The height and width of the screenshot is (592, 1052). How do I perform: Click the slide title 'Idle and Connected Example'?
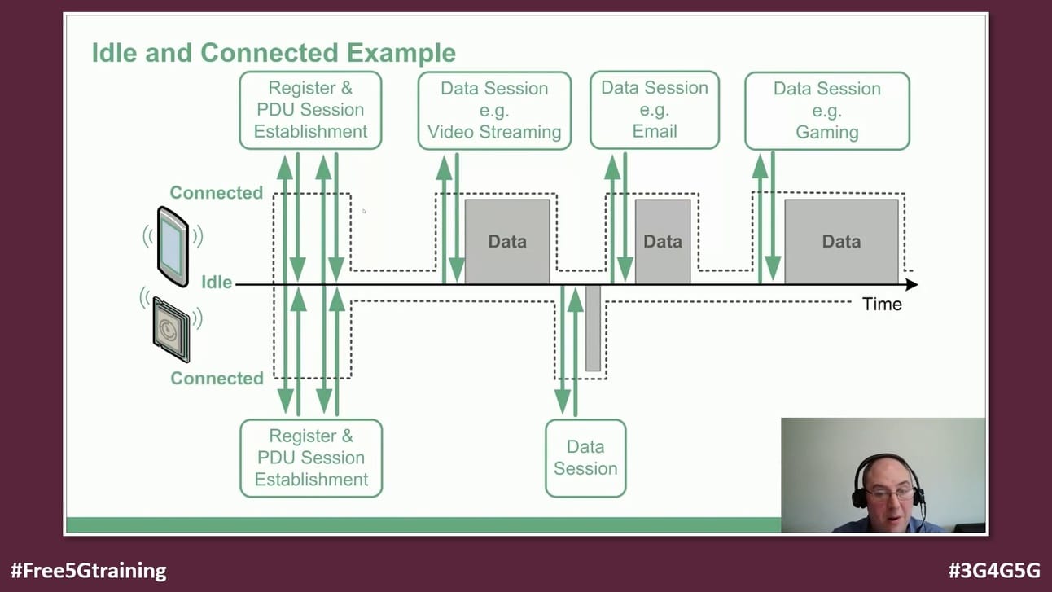coord(273,53)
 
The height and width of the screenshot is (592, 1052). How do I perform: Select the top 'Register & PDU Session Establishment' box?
coord(310,110)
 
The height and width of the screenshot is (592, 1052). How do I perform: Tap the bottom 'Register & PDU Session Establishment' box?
coord(311,458)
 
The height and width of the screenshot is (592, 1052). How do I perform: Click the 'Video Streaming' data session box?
coord(494,110)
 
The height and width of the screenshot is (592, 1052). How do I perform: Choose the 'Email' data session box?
coord(655,110)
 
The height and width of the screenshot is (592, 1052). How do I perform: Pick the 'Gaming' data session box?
coord(827,111)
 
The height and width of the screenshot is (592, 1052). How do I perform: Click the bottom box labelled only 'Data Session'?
coord(585,458)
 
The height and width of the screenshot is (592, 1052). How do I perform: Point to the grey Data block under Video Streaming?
coord(507,241)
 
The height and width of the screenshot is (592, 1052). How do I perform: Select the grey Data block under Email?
coord(663,241)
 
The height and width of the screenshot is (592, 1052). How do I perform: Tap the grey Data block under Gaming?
coord(841,241)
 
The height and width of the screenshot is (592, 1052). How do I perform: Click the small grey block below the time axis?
coord(593,327)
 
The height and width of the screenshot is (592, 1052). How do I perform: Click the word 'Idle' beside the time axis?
coord(217,283)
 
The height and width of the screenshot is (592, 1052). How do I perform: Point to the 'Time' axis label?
coord(882,305)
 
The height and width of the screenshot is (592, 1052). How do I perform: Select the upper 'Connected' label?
coord(216,193)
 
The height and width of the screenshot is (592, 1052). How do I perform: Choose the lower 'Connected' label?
coord(217,379)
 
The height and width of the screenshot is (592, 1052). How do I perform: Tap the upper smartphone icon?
coord(173,246)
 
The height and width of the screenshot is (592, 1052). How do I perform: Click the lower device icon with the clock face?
coord(172,329)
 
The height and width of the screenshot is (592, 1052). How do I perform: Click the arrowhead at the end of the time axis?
coord(911,284)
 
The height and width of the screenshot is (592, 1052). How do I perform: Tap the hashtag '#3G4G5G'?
coord(993,571)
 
